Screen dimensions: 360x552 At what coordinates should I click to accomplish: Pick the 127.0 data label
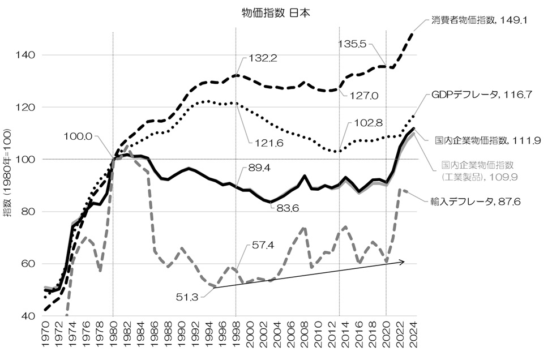point(363,96)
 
